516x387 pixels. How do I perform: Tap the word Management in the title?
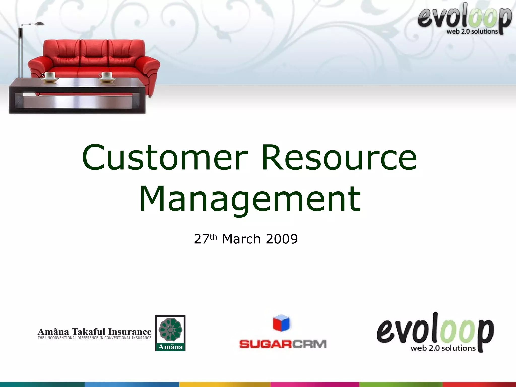(x=250, y=199)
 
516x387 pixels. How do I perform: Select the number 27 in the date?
(x=201, y=239)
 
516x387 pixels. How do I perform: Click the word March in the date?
(x=241, y=239)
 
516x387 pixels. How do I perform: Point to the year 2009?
(x=282, y=239)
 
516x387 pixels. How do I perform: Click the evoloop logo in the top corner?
(x=464, y=19)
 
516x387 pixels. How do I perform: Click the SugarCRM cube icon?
(x=281, y=323)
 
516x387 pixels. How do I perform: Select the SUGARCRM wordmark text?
(x=282, y=344)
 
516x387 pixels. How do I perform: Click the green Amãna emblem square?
(x=171, y=333)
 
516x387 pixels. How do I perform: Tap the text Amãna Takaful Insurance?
(x=94, y=331)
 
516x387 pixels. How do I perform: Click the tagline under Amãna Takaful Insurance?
(x=94, y=338)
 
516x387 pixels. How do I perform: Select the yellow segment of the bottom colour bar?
(x=225, y=384)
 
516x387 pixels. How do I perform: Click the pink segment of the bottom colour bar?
(x=315, y=384)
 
